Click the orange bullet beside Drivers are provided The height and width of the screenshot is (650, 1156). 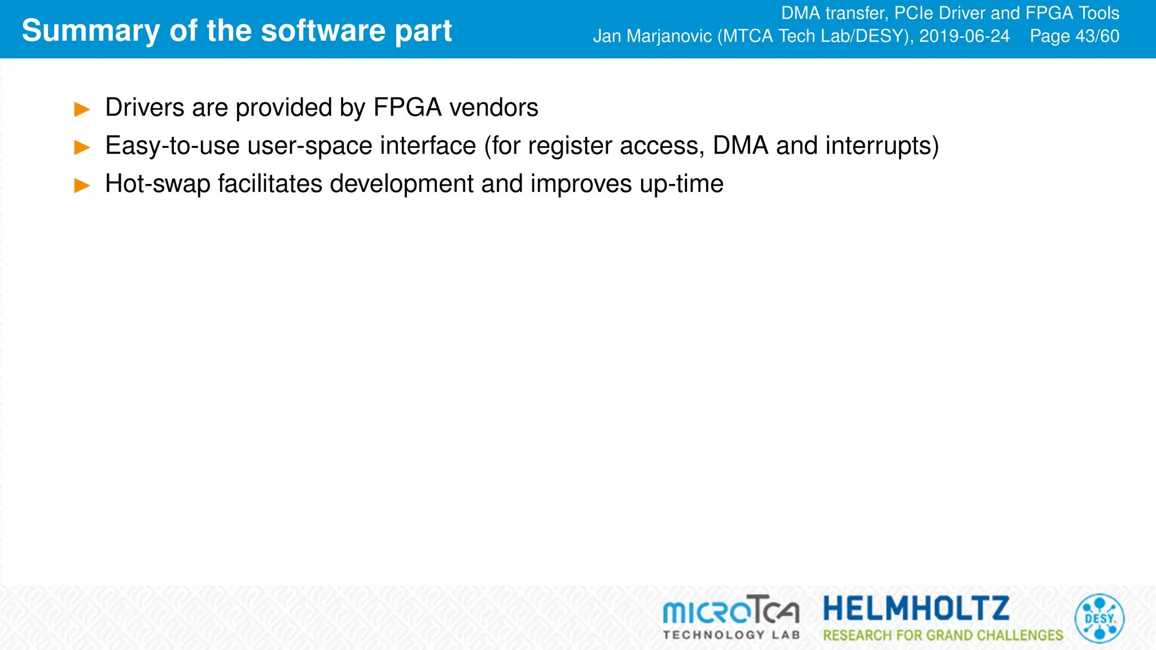82,109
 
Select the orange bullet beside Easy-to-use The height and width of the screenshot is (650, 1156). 82,147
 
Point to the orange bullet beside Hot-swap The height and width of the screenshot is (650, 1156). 82,185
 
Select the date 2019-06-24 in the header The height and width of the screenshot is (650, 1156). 964,36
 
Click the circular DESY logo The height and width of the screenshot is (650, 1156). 1099,618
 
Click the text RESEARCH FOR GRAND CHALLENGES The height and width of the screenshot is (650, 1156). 943,635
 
